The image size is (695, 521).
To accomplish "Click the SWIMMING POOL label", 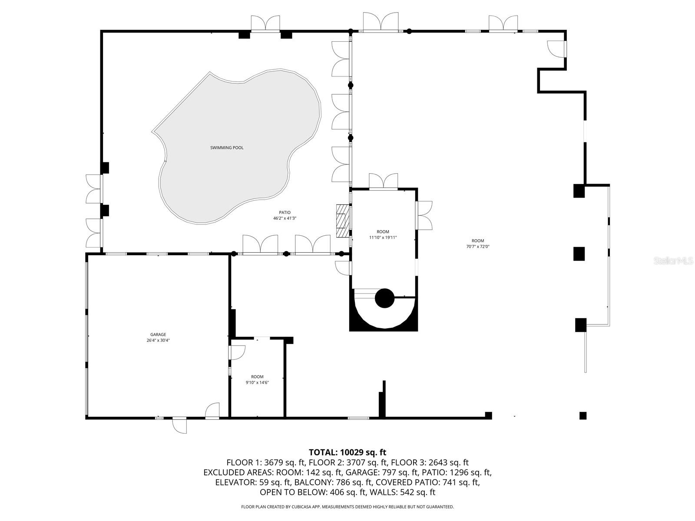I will [x=227, y=148].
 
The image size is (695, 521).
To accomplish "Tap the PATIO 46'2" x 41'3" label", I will [x=285, y=215].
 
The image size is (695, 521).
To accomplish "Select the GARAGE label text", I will [x=158, y=334].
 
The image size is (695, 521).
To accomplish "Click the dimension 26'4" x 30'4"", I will [x=158, y=340].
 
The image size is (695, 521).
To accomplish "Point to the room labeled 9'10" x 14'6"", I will [x=257, y=379].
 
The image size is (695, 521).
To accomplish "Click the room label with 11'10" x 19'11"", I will [x=383, y=234].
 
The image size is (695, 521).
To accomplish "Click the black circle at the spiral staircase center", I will [x=384, y=298].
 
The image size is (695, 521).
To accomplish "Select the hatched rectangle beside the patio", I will [x=342, y=217].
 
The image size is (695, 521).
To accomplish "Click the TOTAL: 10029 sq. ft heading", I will [x=347, y=452].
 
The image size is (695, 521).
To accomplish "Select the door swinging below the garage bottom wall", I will [x=179, y=425].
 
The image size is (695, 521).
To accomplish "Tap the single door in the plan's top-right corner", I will [x=556, y=48].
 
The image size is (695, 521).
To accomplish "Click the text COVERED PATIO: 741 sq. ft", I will [x=427, y=482].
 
